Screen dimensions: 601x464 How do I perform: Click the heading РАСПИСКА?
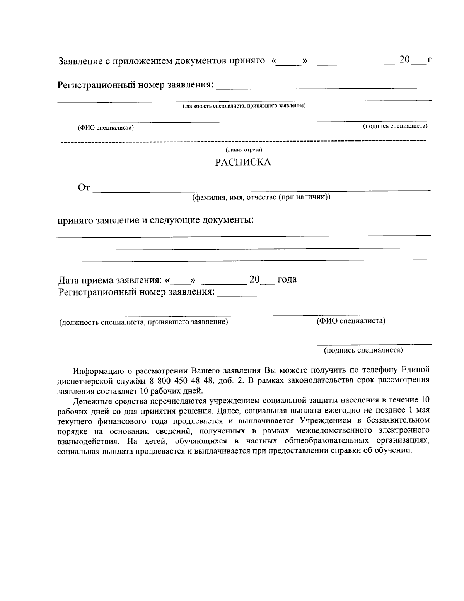243,163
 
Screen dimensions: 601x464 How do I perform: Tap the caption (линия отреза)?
244,150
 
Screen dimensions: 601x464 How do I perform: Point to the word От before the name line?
84,188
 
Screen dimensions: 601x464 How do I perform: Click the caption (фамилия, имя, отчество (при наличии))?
261,197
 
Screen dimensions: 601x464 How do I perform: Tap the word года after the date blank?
287,279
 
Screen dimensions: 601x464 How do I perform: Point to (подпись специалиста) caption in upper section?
395,126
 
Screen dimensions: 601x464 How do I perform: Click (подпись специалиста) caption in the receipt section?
363,350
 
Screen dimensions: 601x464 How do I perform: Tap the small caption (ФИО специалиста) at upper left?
106,128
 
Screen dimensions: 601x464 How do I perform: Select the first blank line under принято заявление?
244,235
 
